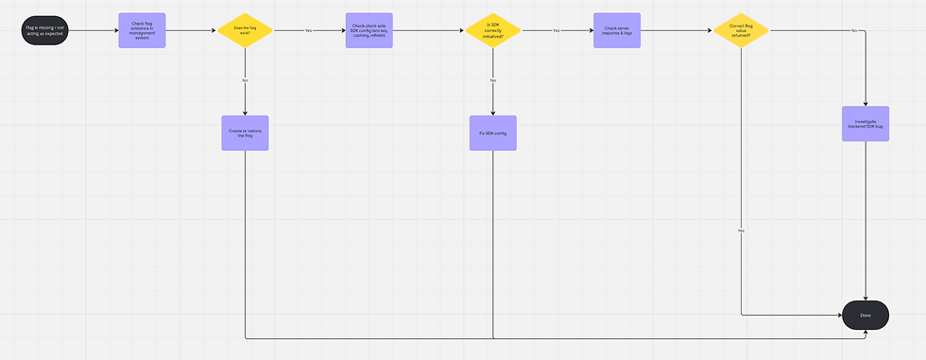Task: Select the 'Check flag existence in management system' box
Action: (142, 30)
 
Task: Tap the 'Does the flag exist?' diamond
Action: (246, 30)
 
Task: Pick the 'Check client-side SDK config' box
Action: (369, 30)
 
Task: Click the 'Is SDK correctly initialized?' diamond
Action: (493, 30)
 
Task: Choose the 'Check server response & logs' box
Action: (616, 30)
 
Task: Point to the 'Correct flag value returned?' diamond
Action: (740, 30)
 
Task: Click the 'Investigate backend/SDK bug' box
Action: (866, 124)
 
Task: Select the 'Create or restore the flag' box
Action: (246, 132)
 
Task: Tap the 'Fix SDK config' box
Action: (493, 133)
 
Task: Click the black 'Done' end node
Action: (866, 316)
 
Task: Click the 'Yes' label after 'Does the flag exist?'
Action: (308, 30)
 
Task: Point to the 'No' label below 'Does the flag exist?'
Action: (246, 80)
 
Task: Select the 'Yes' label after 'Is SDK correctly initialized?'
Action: (557, 30)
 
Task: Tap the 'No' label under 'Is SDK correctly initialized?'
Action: (493, 80)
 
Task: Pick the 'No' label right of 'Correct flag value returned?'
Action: (854, 30)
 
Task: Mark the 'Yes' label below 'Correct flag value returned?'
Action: (740, 231)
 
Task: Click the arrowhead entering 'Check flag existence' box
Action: (115, 30)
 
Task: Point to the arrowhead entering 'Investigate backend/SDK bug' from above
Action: (866, 103)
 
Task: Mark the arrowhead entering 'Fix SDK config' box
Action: (493, 112)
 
